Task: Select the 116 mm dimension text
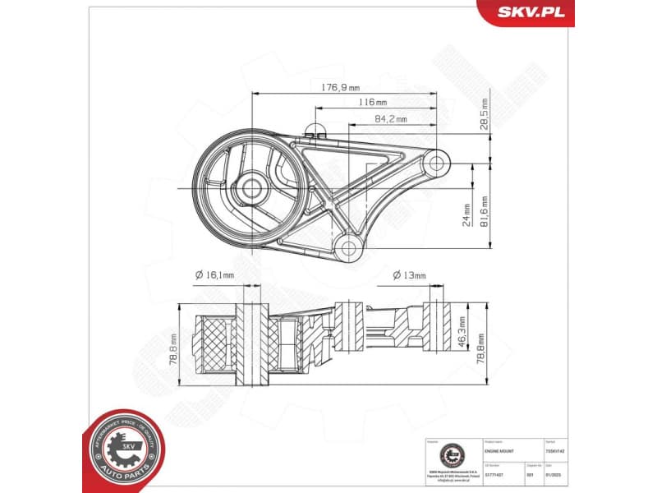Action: (372, 103)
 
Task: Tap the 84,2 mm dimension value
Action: (391, 119)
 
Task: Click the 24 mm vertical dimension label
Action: (466, 215)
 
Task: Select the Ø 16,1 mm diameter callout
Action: (214, 275)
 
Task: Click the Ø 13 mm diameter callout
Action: (409, 275)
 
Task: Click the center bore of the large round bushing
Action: (252, 189)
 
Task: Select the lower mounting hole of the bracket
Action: (347, 246)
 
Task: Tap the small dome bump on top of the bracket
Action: (314, 127)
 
